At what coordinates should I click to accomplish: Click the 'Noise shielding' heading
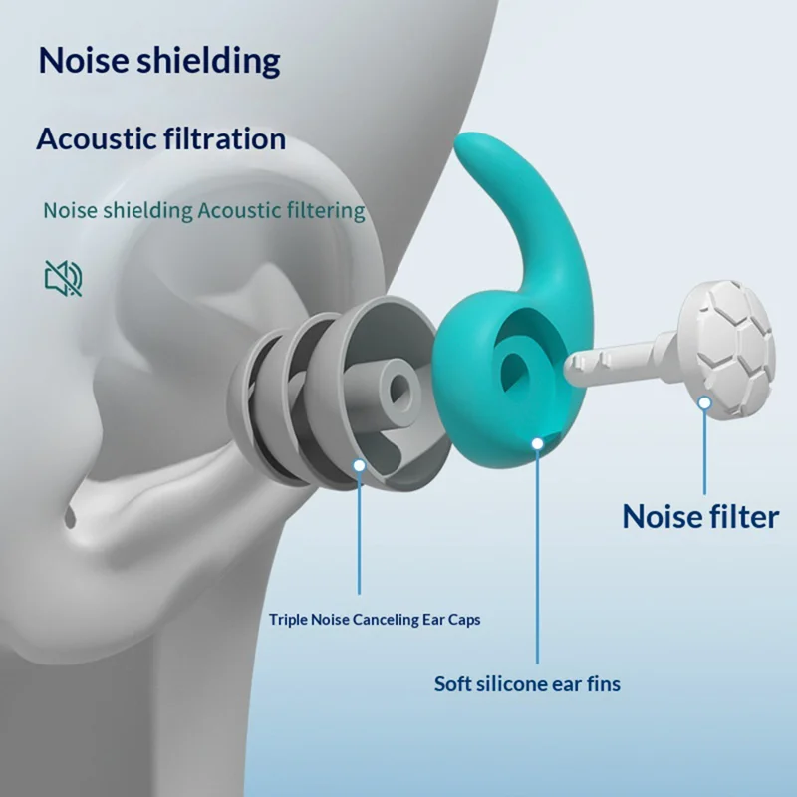(x=159, y=61)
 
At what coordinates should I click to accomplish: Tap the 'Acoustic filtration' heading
(x=161, y=138)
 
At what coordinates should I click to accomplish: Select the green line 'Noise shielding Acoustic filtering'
(x=204, y=211)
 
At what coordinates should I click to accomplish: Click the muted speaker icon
(x=63, y=278)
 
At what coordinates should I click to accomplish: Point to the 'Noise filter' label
(x=700, y=516)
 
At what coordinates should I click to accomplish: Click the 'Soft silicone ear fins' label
(x=527, y=684)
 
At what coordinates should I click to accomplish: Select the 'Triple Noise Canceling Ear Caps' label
(x=375, y=620)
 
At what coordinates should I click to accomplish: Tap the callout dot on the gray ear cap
(x=360, y=465)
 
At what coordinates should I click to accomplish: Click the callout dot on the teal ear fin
(x=537, y=443)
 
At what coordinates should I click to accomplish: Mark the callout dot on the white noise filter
(x=704, y=403)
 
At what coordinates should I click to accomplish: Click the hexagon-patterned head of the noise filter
(x=728, y=350)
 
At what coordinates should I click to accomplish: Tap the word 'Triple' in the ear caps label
(x=288, y=620)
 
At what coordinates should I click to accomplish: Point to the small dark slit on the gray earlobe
(x=70, y=517)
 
